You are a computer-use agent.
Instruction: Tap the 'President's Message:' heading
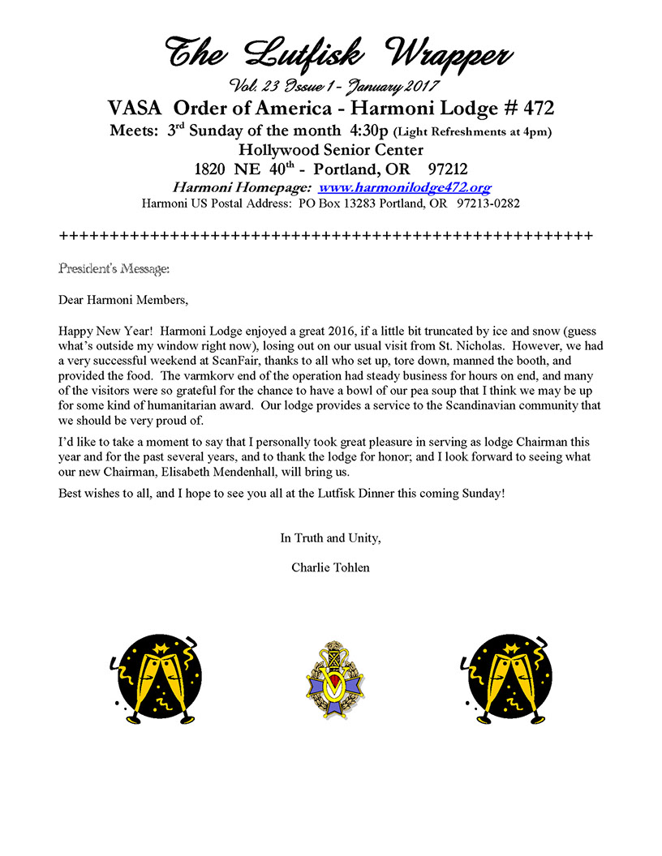[114, 267]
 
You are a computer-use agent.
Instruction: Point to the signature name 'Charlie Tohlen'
[330, 567]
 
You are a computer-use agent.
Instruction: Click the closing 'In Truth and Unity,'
[330, 537]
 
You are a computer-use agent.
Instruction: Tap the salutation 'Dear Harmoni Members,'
[123, 300]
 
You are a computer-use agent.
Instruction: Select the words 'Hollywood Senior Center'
[330, 150]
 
